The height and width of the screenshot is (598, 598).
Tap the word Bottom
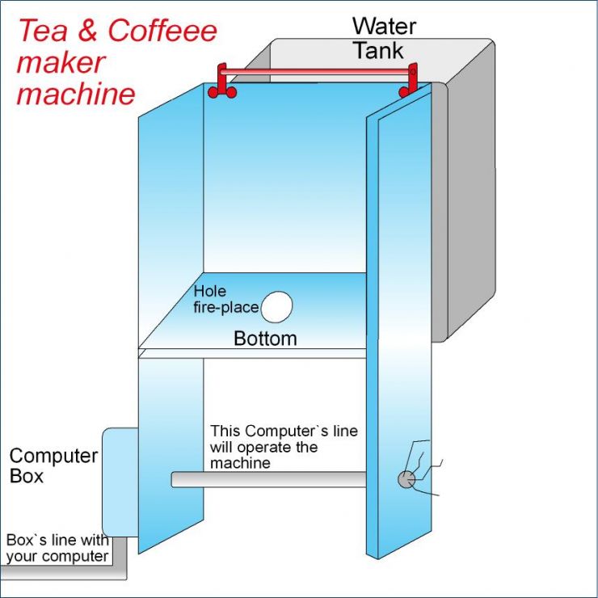265,339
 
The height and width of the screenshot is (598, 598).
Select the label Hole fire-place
226,299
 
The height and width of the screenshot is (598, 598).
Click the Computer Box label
53,465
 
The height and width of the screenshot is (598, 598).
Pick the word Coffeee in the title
162,32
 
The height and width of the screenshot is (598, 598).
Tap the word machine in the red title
76,95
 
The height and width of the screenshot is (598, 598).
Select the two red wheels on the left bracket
221,93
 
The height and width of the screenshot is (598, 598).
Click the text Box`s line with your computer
57,548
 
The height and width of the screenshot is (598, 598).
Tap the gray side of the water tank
469,202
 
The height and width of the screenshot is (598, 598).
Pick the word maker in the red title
61,63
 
